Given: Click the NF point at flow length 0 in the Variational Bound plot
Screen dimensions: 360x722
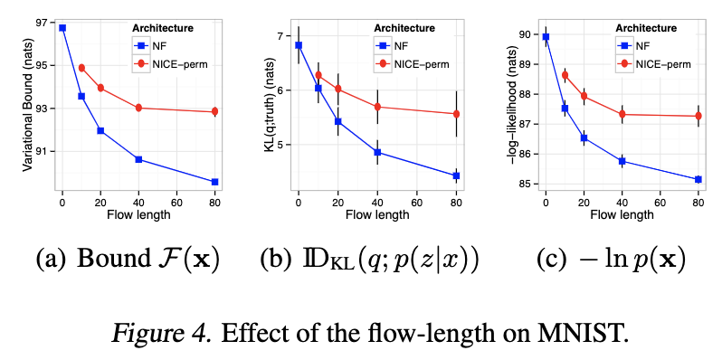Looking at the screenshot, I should click(x=62, y=28).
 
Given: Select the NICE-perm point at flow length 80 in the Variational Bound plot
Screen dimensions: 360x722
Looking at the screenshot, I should click(x=214, y=111).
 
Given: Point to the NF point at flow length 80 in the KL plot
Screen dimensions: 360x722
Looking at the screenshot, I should click(x=456, y=175).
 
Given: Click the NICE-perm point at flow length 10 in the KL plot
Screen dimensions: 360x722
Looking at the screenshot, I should click(x=318, y=75).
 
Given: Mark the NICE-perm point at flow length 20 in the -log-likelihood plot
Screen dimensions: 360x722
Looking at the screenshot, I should click(x=584, y=96).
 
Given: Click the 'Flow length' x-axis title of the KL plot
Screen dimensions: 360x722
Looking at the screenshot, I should click(x=377, y=215).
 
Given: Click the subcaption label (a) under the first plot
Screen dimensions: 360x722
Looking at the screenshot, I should click(x=51, y=260).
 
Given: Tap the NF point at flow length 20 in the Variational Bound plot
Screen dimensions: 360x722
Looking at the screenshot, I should click(x=100, y=130).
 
